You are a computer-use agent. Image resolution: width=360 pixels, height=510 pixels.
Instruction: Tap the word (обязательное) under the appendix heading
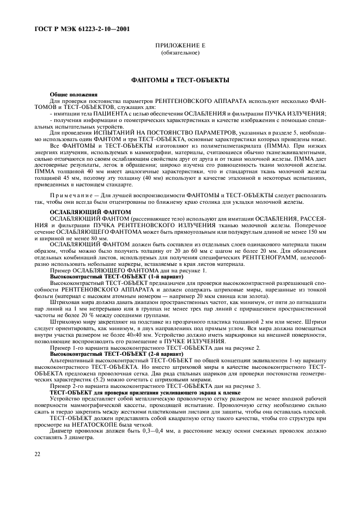pyautogui.click(x=180, y=54)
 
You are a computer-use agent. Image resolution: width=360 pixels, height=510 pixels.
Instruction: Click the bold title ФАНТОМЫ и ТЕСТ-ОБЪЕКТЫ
pyautogui.click(x=180, y=80)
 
